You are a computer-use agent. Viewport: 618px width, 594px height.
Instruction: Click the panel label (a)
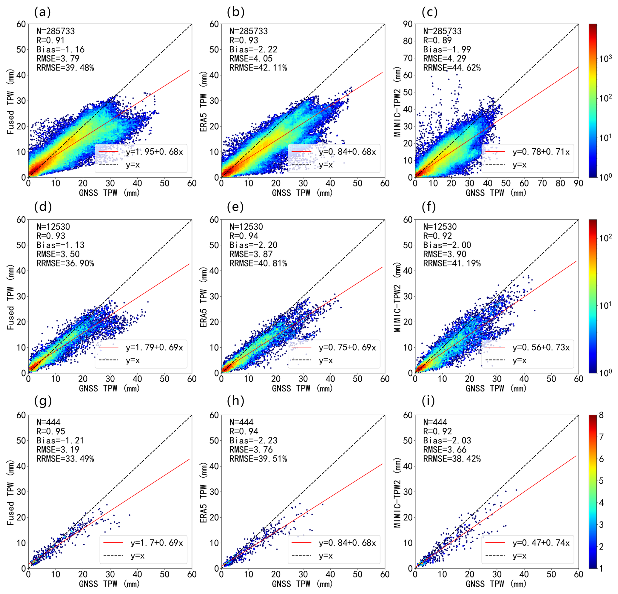coord(42,12)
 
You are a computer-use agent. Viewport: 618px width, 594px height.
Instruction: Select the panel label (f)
coord(429,207)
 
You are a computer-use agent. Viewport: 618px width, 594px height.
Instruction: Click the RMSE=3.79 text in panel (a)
coord(58,58)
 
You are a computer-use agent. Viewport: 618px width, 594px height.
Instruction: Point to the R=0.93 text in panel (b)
coord(243,40)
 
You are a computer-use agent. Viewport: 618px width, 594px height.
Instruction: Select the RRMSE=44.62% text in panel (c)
coord(452,68)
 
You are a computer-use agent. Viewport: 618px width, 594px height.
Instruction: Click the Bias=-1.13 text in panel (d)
coord(60,245)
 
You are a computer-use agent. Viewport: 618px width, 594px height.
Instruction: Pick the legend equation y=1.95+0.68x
coord(154,152)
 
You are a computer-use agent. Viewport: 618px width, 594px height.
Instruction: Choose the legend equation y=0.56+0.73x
coord(541,347)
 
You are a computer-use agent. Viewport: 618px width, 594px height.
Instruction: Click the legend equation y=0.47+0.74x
coord(541,543)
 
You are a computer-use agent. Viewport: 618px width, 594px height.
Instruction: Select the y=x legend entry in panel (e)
coord(326,360)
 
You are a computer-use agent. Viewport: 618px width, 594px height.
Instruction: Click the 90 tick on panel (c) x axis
coord(578,183)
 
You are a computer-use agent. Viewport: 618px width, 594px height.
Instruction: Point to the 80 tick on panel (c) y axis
coord(408,41)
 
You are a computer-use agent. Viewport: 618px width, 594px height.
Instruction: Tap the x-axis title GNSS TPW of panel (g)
coord(109,584)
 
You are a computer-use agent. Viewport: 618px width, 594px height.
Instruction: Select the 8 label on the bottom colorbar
coord(601,415)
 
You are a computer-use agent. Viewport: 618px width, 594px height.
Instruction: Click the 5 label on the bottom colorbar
coord(601,481)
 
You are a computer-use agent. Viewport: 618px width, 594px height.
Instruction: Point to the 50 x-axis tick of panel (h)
coord(357,574)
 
